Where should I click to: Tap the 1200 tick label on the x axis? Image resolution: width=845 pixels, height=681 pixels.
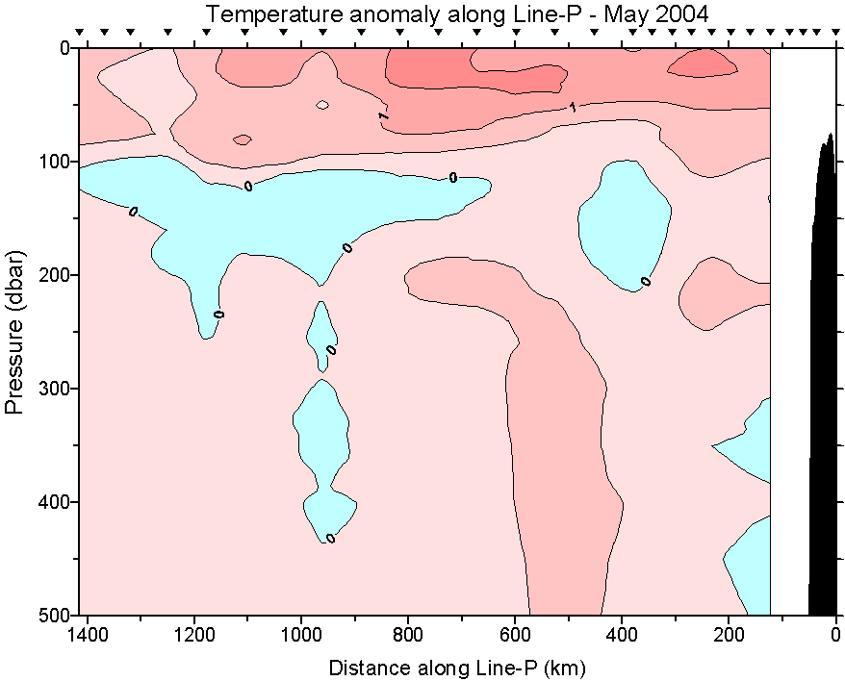click(194, 635)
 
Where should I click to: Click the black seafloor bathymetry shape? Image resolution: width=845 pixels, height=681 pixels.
click(823, 385)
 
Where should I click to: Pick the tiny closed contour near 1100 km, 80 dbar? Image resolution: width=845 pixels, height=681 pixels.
click(242, 139)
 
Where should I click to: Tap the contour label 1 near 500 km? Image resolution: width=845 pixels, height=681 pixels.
click(573, 107)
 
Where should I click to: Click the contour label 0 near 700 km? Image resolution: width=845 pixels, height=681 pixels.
click(452, 178)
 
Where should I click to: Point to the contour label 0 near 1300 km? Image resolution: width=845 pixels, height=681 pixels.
click(133, 211)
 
